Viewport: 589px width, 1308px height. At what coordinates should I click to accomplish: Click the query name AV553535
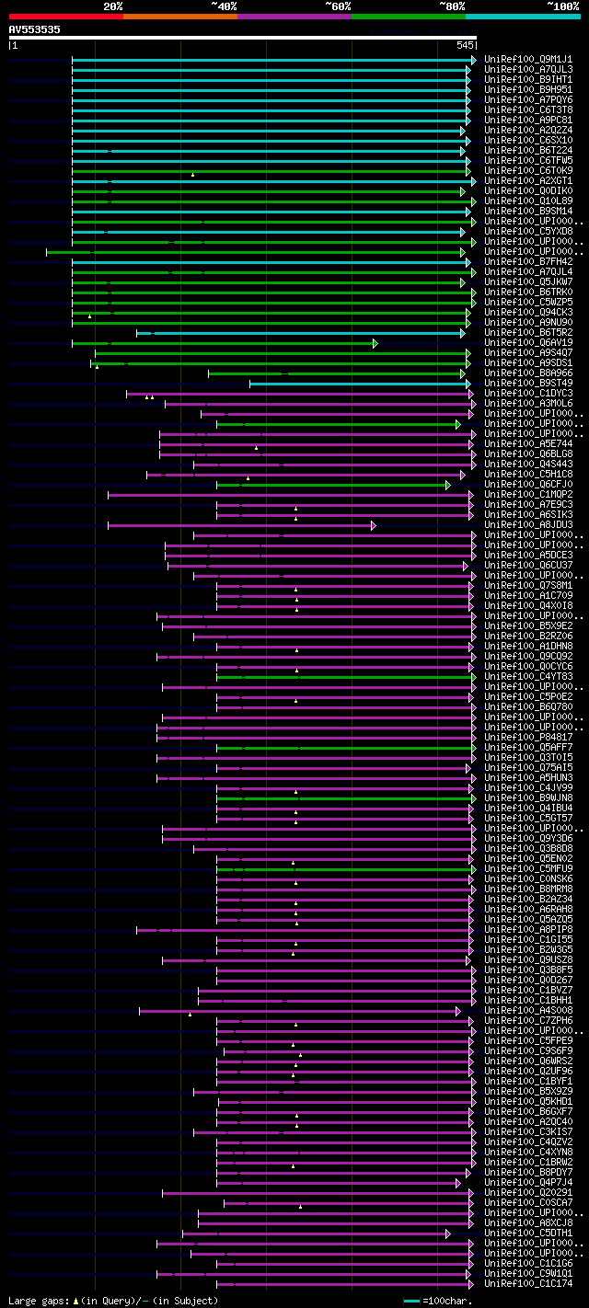point(35,29)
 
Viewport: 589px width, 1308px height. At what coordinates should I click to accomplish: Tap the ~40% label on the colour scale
point(224,6)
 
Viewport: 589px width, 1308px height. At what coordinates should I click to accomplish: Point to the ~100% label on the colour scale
point(563,6)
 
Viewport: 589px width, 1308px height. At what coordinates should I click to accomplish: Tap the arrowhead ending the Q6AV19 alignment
point(375,343)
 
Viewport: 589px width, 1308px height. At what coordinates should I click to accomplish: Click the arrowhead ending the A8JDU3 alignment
point(374,525)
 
